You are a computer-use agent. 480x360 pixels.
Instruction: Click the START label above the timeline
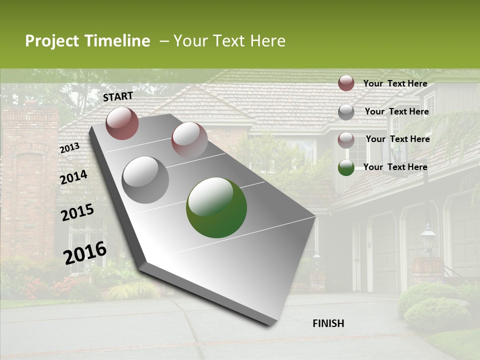[118, 96]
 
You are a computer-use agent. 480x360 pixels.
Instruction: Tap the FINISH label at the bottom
[328, 323]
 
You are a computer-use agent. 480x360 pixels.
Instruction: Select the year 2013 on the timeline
[69, 148]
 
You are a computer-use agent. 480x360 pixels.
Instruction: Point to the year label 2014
[73, 177]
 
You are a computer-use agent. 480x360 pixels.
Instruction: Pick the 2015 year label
[77, 212]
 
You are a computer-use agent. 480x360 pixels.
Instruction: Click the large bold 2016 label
[85, 252]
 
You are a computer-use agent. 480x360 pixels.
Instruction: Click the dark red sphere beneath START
[122, 123]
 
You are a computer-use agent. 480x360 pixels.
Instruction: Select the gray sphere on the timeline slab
[145, 180]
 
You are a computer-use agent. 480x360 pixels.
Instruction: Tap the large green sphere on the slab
[216, 207]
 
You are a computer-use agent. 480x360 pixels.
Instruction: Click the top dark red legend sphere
[346, 83]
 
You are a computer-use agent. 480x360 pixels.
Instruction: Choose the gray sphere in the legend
[346, 112]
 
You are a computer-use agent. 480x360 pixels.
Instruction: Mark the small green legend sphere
[346, 167]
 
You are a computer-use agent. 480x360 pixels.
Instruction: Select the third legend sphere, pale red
[346, 139]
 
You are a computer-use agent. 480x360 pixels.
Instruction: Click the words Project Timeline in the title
[87, 41]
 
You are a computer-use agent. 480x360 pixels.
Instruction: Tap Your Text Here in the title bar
[229, 41]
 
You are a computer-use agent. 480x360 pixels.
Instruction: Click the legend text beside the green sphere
[395, 167]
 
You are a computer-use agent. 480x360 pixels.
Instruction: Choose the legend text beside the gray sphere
[397, 111]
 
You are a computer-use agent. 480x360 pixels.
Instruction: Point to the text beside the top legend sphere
[395, 83]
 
